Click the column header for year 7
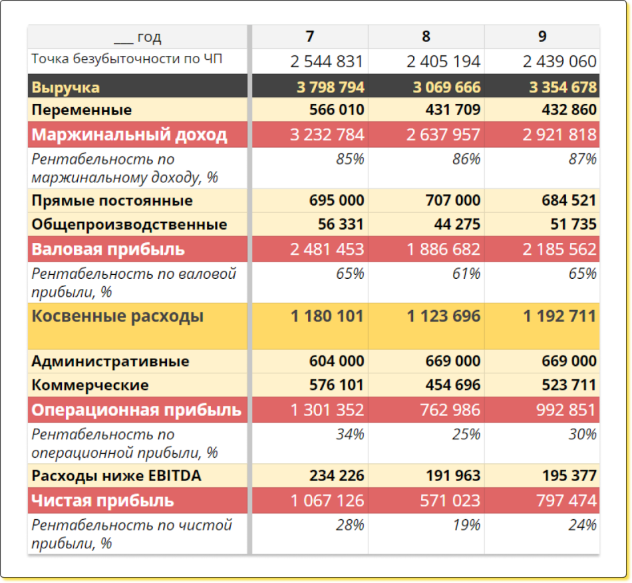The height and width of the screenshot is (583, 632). coord(309,37)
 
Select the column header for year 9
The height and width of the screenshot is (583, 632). coord(542,37)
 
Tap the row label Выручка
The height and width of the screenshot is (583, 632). coord(66,87)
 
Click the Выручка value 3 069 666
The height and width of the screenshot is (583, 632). coord(446,87)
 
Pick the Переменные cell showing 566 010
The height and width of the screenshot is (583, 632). coord(337,110)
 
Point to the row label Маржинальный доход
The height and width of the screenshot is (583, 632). coord(130,135)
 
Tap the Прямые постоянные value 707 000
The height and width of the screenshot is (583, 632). coord(452,200)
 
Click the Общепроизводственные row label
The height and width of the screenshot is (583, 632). coord(129,224)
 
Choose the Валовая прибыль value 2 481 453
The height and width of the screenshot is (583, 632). coord(327,250)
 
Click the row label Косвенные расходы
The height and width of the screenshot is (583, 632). coord(118,316)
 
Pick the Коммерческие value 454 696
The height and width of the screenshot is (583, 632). coord(452,385)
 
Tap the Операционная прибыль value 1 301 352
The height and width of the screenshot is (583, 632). coord(327,409)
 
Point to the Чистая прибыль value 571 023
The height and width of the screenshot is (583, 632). coord(450,500)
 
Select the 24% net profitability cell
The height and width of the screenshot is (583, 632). coord(582,525)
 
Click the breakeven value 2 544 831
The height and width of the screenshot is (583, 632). coord(327,62)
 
